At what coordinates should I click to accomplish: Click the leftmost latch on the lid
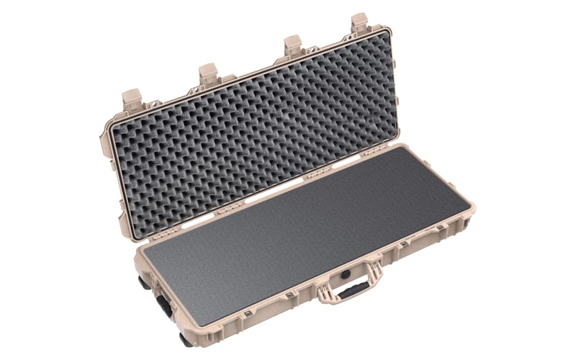point(132,99)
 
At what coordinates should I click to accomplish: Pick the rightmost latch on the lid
point(359,23)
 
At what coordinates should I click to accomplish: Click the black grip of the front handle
point(353,289)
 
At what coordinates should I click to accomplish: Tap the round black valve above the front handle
point(346,274)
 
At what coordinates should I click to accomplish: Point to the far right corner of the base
point(472,209)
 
